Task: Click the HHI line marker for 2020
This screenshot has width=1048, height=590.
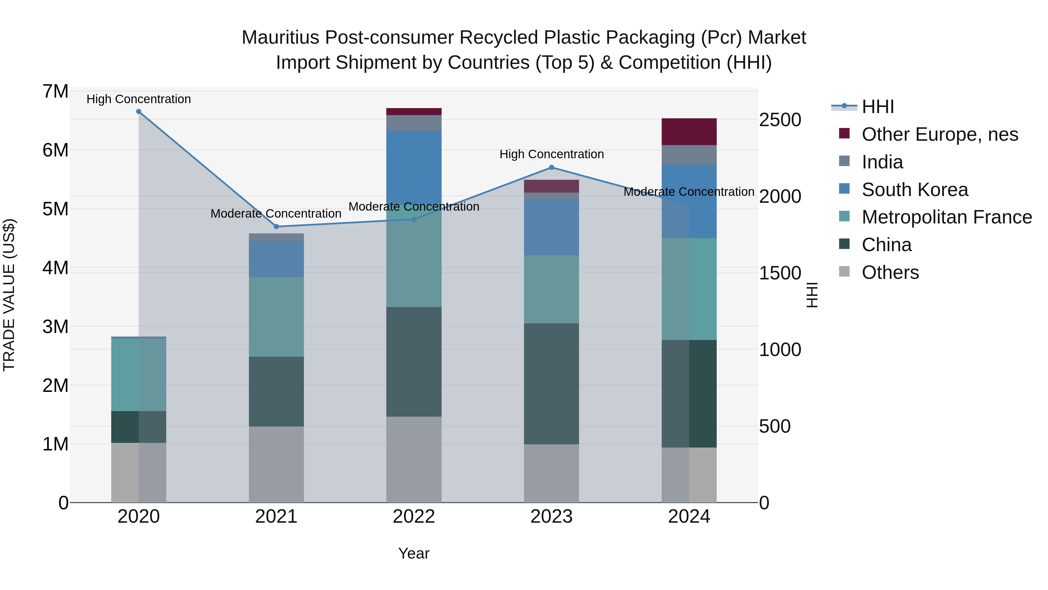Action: [139, 112]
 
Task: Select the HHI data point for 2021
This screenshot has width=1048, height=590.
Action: [276, 227]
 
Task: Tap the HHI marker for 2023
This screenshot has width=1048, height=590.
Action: [552, 167]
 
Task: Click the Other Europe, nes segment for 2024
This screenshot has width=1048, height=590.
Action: [689, 132]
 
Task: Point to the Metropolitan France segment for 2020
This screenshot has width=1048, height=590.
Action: [139, 375]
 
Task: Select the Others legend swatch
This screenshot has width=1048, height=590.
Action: [845, 272]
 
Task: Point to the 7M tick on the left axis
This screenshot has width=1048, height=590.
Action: [55, 91]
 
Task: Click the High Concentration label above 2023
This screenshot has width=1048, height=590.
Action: [552, 154]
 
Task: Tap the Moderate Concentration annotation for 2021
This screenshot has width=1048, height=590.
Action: [276, 214]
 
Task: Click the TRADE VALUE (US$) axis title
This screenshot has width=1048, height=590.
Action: [9, 295]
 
